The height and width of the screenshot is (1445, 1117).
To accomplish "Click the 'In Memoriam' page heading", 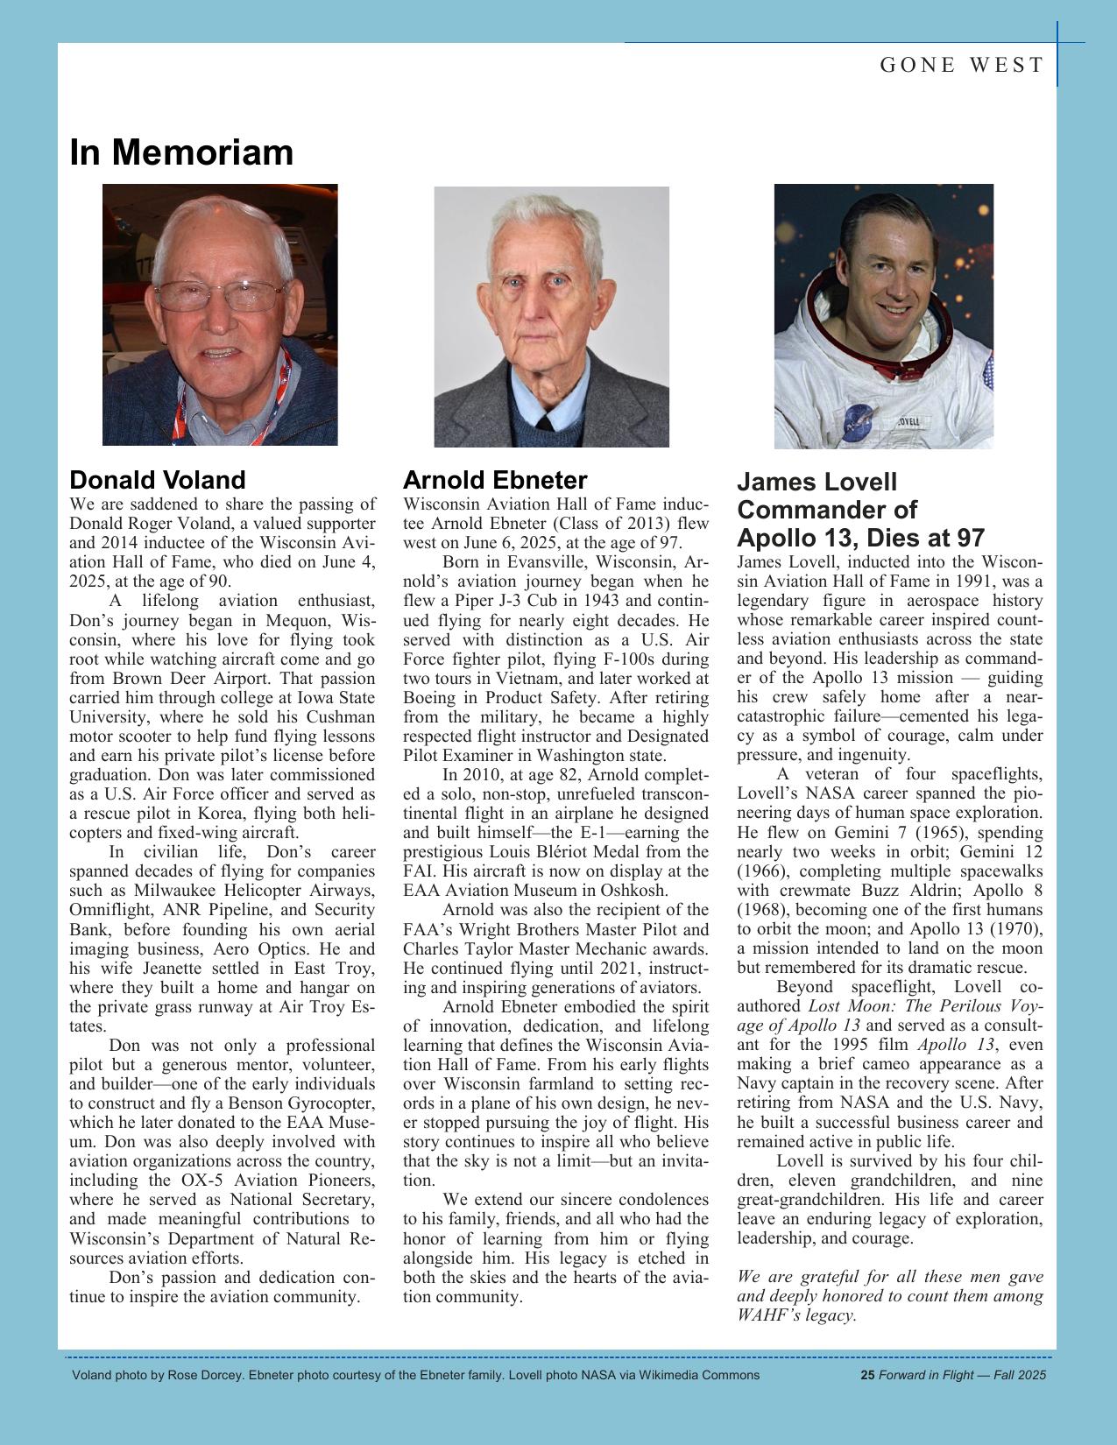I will [x=181, y=152].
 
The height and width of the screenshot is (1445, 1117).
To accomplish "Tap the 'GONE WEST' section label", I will [x=961, y=65].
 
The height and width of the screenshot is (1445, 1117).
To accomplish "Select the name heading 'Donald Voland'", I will [x=157, y=480].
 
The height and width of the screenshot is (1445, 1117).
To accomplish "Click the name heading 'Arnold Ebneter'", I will [x=494, y=480].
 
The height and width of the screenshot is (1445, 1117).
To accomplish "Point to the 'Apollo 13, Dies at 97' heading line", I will [x=860, y=538].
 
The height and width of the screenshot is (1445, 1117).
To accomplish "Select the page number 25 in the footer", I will [x=867, y=1375].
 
